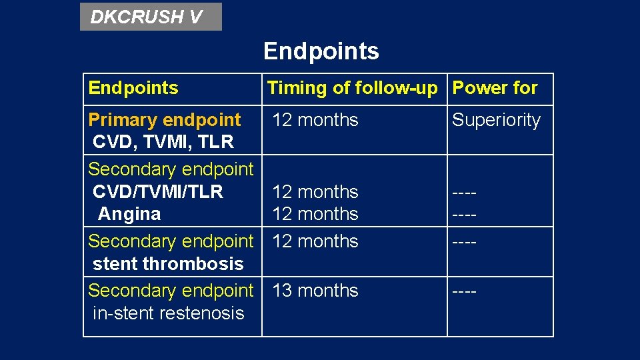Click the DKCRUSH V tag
click(147, 17)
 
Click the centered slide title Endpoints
click(321, 51)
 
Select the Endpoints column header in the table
click(133, 88)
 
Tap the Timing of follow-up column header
click(352, 88)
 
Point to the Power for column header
click(495, 88)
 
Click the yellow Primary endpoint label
click(164, 120)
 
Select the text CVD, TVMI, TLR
click(163, 142)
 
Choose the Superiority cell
click(496, 120)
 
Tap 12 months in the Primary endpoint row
click(315, 120)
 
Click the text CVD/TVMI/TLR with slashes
click(158, 192)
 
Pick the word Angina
click(129, 214)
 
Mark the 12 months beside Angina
click(315, 214)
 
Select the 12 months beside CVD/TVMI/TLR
click(315, 192)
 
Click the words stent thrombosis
click(168, 264)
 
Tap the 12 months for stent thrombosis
click(315, 241)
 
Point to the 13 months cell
click(315, 291)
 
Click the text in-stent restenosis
click(169, 313)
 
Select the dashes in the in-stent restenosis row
click(464, 291)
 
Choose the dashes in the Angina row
click(464, 214)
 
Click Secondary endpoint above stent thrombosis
click(171, 241)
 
